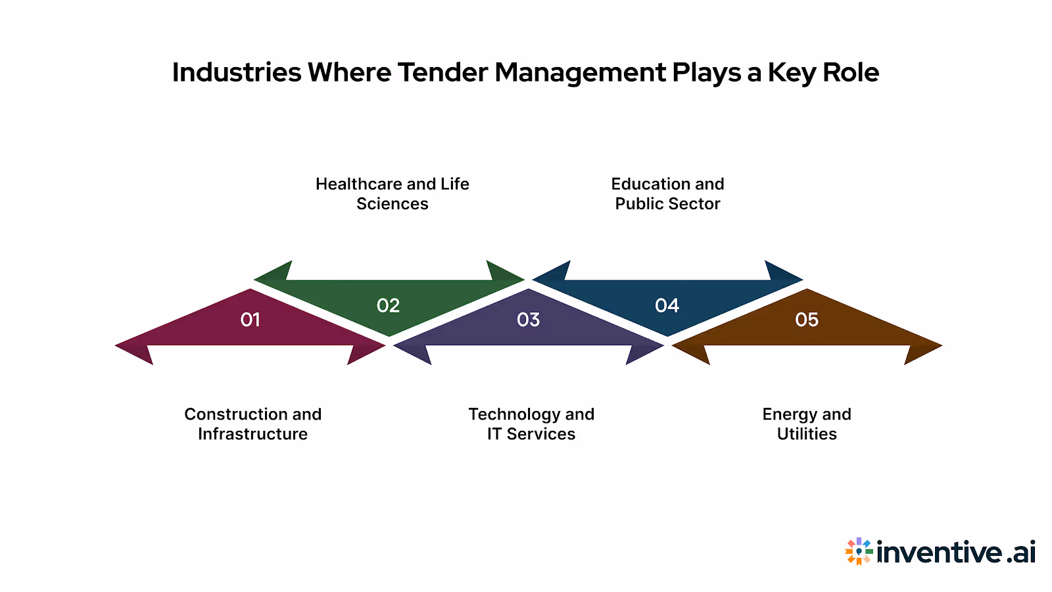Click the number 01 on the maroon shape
coord(250,320)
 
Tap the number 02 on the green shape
coord(388,306)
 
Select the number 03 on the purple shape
coord(528,320)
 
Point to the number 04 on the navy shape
coord(667,306)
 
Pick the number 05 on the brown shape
coord(807,320)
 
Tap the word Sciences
coord(393,204)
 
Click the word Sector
coord(694,204)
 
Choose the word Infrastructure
coord(253,434)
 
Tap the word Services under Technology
coord(541,434)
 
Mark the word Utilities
coord(807,434)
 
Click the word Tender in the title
coord(442,72)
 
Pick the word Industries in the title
coord(237,72)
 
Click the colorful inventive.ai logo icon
coord(859,552)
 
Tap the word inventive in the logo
coord(940,552)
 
